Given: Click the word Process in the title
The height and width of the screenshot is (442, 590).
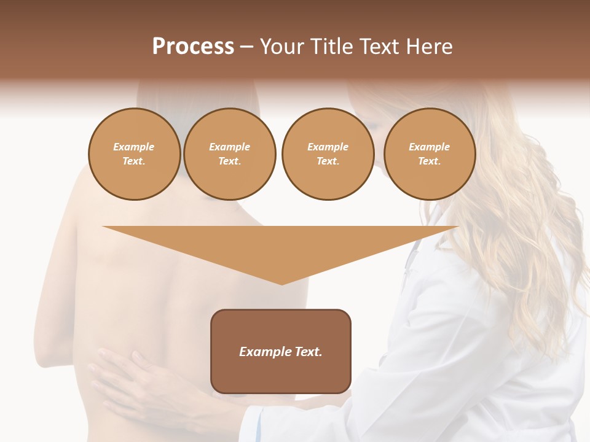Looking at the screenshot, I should pos(193,47).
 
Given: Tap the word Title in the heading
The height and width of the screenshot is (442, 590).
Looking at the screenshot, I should pos(331,47).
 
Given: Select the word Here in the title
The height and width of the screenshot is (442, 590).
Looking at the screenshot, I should pos(428,47).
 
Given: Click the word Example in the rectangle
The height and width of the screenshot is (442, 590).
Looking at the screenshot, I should pos(261,352).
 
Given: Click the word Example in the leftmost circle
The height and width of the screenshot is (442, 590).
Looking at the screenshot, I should pos(134,147).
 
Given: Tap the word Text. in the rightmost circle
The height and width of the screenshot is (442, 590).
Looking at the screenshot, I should pos(429,161).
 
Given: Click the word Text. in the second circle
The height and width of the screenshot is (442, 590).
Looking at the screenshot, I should pos(229,161).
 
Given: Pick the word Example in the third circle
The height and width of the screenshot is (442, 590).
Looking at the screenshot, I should pos(328,147).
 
